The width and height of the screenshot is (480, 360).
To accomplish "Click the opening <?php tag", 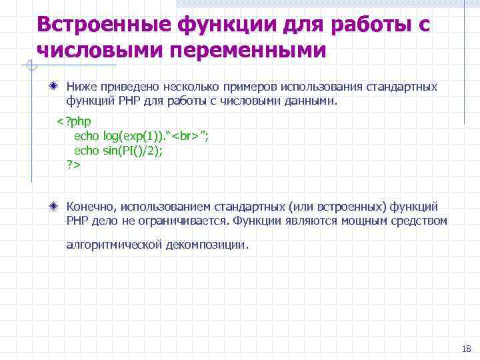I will (x=73, y=121).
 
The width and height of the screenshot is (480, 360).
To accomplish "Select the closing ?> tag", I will (x=73, y=164).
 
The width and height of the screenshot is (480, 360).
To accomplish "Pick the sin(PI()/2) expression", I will (x=133, y=150).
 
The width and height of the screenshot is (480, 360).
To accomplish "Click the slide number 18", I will (x=465, y=349).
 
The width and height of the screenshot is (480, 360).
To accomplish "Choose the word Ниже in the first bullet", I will (x=81, y=87).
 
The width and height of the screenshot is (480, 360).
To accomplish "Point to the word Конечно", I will (x=91, y=207).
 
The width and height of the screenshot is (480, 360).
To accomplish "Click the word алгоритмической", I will (x=114, y=245).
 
